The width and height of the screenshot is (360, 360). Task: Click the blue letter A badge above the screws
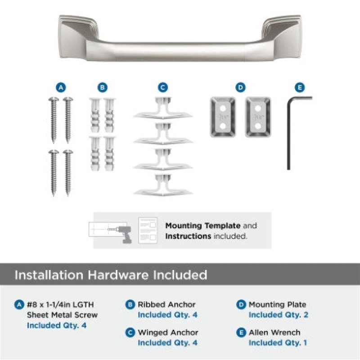point(61,87)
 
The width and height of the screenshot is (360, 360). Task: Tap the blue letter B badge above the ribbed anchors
point(103,87)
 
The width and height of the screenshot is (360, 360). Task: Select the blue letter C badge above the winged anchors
point(163,87)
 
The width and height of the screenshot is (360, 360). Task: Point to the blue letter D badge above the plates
point(240,87)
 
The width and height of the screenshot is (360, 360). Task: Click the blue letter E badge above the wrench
point(300,87)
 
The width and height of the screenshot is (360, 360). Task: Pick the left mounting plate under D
point(223,117)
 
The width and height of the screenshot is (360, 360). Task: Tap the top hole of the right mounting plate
point(258,108)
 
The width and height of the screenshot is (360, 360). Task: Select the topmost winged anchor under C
point(163,108)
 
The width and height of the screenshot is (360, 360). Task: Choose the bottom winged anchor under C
point(163,185)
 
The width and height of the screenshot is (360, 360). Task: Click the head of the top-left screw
point(54,99)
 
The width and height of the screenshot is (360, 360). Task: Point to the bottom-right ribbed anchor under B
point(109,153)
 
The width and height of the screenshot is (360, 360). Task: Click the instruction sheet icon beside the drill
point(148,230)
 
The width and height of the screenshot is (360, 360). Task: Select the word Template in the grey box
point(222,226)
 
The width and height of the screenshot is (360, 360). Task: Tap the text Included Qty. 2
point(278,315)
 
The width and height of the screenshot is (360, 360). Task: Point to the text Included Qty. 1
point(278,343)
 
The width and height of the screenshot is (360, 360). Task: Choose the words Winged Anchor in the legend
point(168,333)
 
